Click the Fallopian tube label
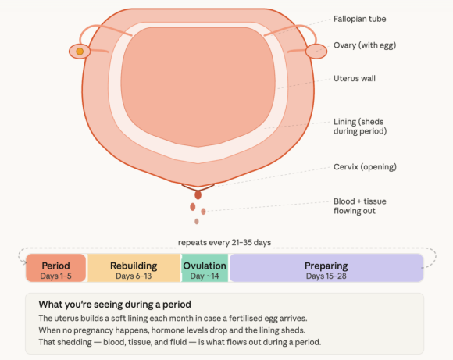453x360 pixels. point(360,19)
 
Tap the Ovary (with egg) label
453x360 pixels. point(365,45)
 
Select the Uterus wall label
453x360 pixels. point(355,79)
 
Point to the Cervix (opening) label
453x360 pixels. point(365,167)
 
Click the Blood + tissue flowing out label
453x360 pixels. point(360,206)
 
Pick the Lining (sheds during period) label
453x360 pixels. point(360,127)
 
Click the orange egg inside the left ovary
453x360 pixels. point(80,52)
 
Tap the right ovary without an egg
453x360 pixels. point(316,52)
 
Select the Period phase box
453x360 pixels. point(55,268)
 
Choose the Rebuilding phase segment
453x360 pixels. point(134,268)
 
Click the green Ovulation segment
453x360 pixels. point(205,268)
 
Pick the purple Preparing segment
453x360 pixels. point(326,268)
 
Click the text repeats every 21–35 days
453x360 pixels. point(224,242)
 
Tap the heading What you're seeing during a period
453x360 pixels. point(115,305)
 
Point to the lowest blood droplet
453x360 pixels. point(197,221)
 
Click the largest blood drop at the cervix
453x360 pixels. point(198,195)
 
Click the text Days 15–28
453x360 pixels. point(326,276)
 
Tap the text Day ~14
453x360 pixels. point(205,276)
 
